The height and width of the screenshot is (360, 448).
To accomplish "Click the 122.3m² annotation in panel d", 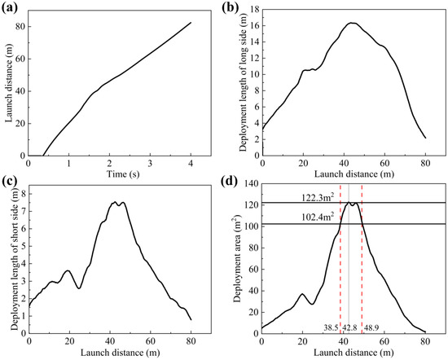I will [x=284, y=195].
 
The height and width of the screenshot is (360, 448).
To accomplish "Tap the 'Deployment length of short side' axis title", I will [x=16, y=260].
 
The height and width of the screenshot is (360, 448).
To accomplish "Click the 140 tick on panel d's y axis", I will [x=250, y=187].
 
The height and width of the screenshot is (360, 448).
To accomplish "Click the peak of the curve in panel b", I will [x=353, y=23].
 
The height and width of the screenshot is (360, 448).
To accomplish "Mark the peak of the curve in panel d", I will [x=349, y=202].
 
